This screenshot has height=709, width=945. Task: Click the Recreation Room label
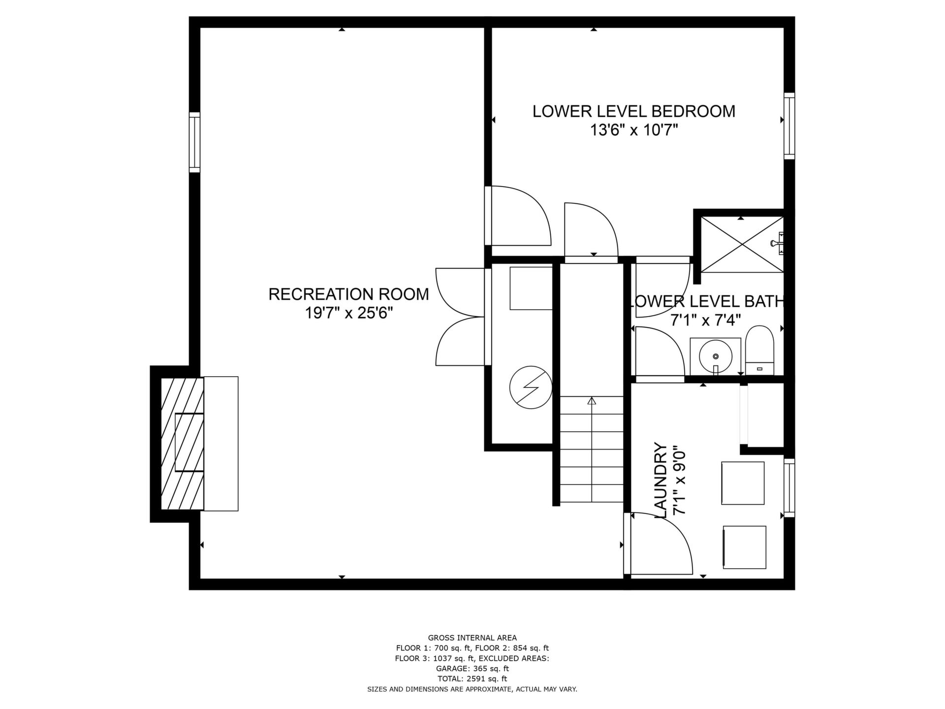[348, 294]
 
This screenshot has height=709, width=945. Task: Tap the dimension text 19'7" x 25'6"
[349, 313]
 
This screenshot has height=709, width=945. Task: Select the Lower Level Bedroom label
[634, 111]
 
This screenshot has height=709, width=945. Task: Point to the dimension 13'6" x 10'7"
[634, 130]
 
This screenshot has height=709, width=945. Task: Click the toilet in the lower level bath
[760, 350]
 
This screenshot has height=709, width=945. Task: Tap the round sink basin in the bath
[715, 356]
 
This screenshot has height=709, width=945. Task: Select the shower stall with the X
[742, 244]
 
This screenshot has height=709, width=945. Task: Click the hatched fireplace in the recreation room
[182, 443]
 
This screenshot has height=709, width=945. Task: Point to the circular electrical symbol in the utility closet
[531, 387]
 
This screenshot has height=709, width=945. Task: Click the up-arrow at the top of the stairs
[592, 401]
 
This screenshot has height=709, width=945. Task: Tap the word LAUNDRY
[661, 480]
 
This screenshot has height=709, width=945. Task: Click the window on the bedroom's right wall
[789, 126]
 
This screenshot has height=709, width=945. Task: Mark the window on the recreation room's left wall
[195, 142]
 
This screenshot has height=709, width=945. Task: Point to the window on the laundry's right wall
[789, 488]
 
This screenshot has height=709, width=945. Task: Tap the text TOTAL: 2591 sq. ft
[472, 679]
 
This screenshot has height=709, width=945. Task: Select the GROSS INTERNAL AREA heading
[472, 638]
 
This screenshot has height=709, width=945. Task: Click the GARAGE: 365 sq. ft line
[472, 669]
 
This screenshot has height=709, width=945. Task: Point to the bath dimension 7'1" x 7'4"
[706, 320]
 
